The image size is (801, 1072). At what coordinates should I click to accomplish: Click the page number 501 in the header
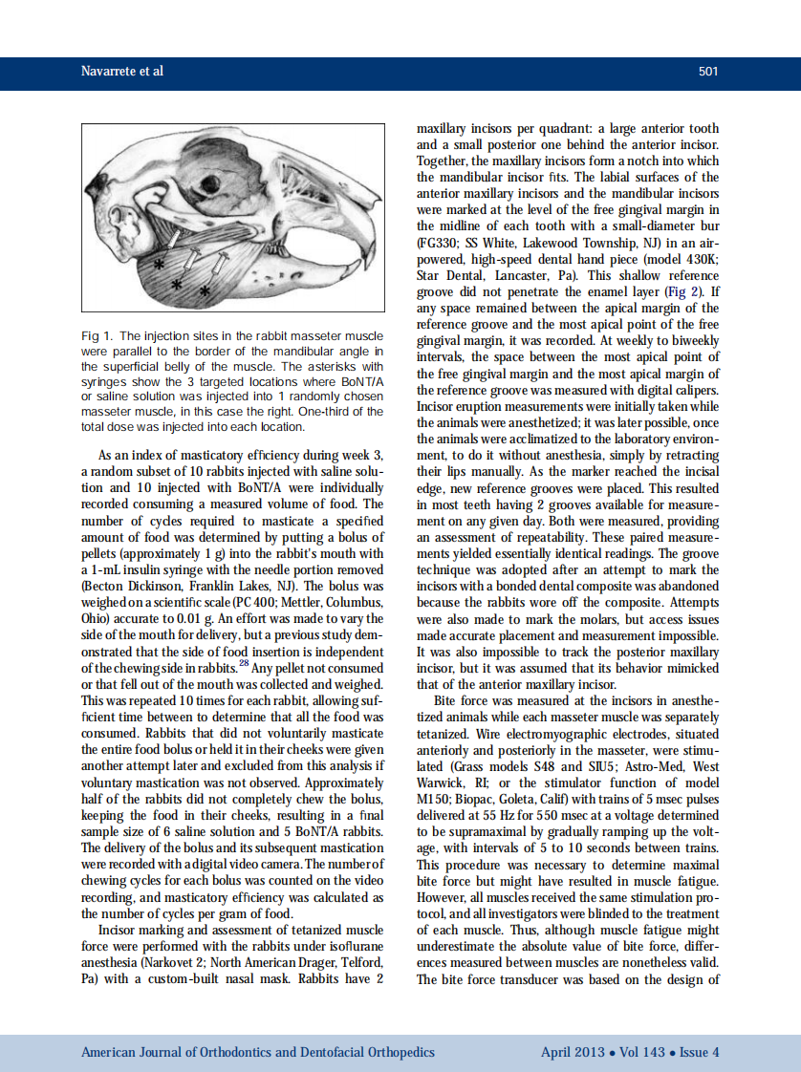pyautogui.click(x=707, y=72)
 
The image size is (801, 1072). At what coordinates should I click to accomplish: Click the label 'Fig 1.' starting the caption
pyautogui.click(x=97, y=336)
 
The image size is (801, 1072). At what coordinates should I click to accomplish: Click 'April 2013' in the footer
pyautogui.click(x=572, y=1052)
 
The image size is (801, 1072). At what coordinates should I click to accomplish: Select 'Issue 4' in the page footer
pyautogui.click(x=700, y=1052)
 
